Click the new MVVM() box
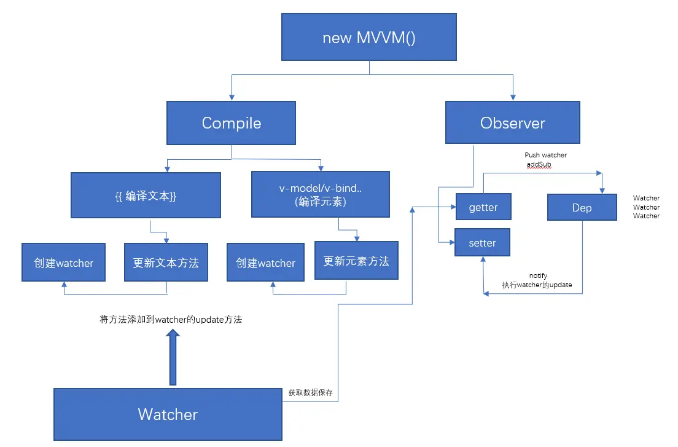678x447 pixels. pyautogui.click(x=369, y=38)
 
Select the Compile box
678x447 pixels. pyautogui.click(x=231, y=123)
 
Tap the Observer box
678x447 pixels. pyautogui.click(x=513, y=123)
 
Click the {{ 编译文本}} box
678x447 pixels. pyautogui.click(x=146, y=195)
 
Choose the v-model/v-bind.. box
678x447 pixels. pyautogui.click(x=320, y=195)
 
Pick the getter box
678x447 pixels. pyautogui.click(x=483, y=207)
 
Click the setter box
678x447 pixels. pyautogui.click(x=482, y=243)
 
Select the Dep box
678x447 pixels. pyautogui.click(x=582, y=208)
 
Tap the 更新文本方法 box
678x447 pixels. pyautogui.click(x=166, y=263)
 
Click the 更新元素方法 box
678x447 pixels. pyautogui.click(x=356, y=261)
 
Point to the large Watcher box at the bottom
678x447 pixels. pyautogui.click(x=168, y=414)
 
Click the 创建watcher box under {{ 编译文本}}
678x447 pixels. pyautogui.click(x=63, y=263)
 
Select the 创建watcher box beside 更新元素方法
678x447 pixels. pyautogui.click(x=265, y=263)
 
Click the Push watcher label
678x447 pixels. pyautogui.click(x=545, y=156)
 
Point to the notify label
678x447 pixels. pyautogui.click(x=538, y=276)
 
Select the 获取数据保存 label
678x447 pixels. pyautogui.click(x=311, y=392)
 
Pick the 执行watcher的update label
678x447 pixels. pyautogui.click(x=537, y=285)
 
